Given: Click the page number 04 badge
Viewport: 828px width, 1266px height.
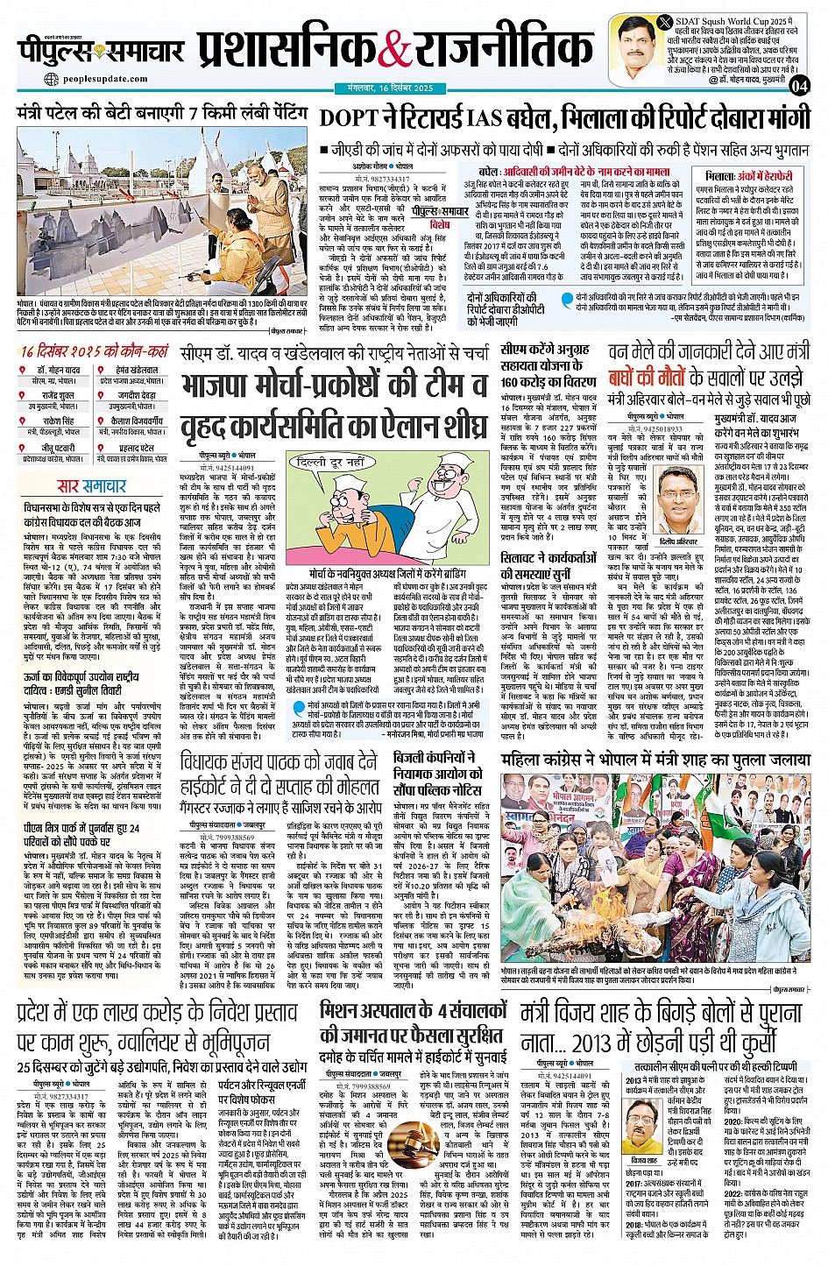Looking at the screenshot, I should [x=798, y=85].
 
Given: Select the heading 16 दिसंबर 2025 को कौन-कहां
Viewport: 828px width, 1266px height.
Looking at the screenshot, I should [x=95, y=351].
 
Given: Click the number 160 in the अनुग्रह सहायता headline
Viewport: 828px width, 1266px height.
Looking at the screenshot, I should [x=514, y=382].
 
